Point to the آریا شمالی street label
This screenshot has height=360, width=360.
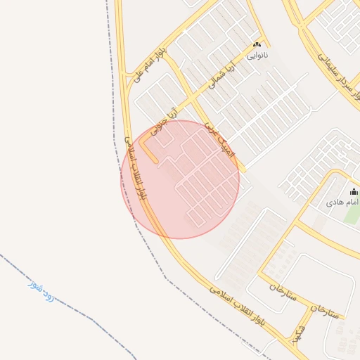coord(224,77)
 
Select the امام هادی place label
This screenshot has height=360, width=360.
coord(342,202)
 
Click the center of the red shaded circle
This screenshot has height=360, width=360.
coord(180,179)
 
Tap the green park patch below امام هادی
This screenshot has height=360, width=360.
coord(352,214)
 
